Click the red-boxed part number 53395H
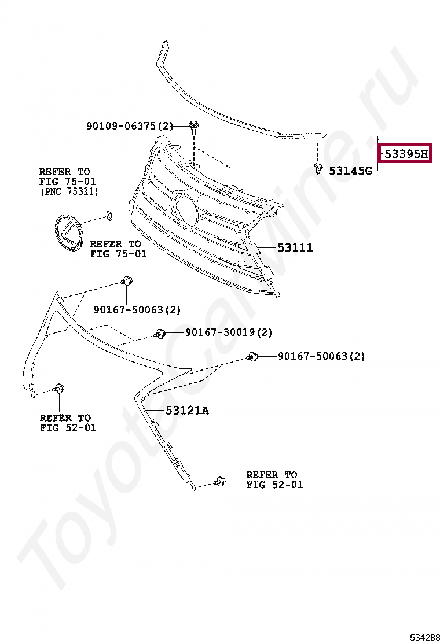(x=405, y=154)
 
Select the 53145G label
(x=350, y=171)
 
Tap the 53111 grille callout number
(x=295, y=247)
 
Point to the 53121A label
(x=186, y=411)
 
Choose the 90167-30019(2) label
(x=228, y=332)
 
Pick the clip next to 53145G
(x=317, y=168)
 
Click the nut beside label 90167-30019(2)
(x=160, y=334)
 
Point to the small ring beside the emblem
(x=109, y=217)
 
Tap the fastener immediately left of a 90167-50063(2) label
(x=252, y=357)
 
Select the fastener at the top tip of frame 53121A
(x=126, y=282)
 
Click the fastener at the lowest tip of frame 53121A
(x=219, y=481)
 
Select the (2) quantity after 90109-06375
(x=166, y=125)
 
